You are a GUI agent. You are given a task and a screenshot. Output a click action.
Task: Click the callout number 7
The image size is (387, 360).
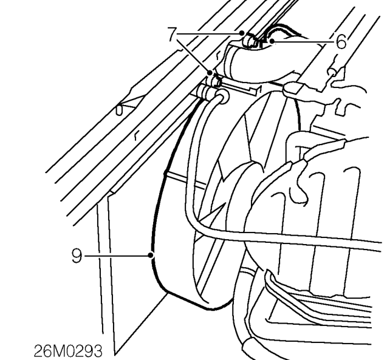(172, 34)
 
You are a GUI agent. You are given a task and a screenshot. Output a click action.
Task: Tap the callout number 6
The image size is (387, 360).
(341, 41)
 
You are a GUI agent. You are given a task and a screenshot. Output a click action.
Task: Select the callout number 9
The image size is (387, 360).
(77, 256)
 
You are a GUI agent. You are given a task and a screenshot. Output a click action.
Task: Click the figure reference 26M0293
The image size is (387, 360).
(68, 351)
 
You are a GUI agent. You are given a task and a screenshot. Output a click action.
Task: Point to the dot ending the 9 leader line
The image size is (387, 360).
(151, 256)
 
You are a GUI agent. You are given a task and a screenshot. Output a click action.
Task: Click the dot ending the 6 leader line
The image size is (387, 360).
(272, 41)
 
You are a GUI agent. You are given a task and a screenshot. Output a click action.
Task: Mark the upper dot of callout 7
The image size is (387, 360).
(242, 33)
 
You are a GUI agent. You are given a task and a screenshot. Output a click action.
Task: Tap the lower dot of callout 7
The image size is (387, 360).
(210, 73)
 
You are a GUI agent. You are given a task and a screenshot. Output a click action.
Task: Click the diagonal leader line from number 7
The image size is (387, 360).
(193, 55)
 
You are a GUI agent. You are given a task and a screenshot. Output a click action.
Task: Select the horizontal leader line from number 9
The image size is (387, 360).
(117, 256)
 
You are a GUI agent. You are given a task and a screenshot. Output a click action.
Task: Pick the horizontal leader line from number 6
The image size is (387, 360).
(304, 42)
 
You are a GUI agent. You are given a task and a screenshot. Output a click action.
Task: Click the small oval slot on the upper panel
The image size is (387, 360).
(119, 110)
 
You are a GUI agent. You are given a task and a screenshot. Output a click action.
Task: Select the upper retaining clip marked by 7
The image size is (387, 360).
(250, 41)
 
